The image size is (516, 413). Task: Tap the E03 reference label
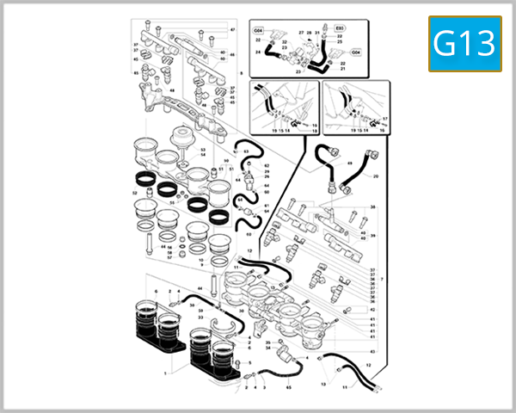click(x=339, y=28)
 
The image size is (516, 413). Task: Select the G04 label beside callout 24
click(x=258, y=31)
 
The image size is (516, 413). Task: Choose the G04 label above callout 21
click(x=356, y=52)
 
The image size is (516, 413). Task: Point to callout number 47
click(x=231, y=30)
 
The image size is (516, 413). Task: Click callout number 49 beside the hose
click(x=350, y=163)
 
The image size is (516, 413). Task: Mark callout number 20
click(x=376, y=176)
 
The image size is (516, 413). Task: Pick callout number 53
click(x=203, y=150)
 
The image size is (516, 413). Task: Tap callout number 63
click(x=246, y=151)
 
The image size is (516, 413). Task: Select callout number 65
click(x=289, y=389)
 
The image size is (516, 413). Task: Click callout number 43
click(x=372, y=352)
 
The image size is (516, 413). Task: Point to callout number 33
click(x=200, y=317)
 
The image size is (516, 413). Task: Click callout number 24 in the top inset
click(x=257, y=52)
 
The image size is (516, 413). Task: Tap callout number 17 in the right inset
click(x=384, y=117)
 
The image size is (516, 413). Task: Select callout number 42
click(x=372, y=310)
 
